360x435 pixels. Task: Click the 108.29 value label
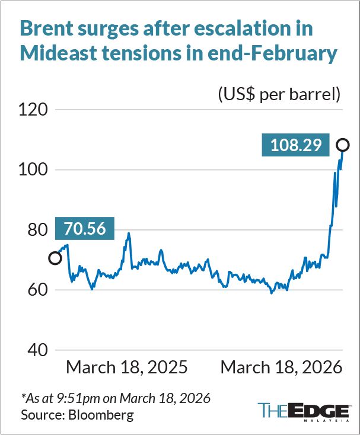pos(295,145)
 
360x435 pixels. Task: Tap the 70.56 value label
pos(85,228)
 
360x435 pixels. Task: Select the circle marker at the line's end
pos(343,145)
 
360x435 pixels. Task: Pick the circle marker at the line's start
pos(55,258)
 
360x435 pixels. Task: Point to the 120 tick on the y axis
pos(33,110)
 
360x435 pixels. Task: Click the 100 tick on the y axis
pos(33,169)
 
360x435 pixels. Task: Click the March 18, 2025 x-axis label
pos(127,367)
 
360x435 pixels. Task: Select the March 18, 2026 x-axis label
pos(281,367)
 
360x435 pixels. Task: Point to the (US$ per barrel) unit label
pos(279,95)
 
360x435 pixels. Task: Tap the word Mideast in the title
pos(58,53)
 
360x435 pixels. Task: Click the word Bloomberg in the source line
pos(101,415)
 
